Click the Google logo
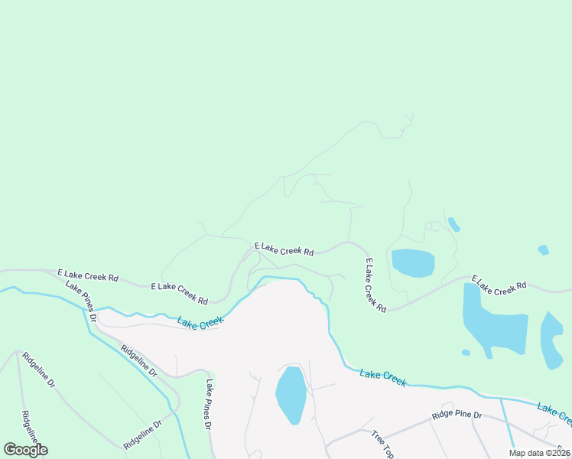[25, 450]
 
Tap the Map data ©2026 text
[540, 453]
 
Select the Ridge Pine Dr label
[456, 415]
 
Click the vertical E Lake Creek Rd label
[375, 285]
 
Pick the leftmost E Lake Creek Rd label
[87, 275]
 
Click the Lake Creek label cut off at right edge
[554, 413]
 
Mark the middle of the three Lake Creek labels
[382, 377]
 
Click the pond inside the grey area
[291, 395]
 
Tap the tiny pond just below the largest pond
[466, 353]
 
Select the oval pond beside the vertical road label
[413, 262]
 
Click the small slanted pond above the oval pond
[453, 224]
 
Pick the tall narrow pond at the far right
[551, 340]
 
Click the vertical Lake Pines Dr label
[207, 404]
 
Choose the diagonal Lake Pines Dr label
[82, 301]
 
